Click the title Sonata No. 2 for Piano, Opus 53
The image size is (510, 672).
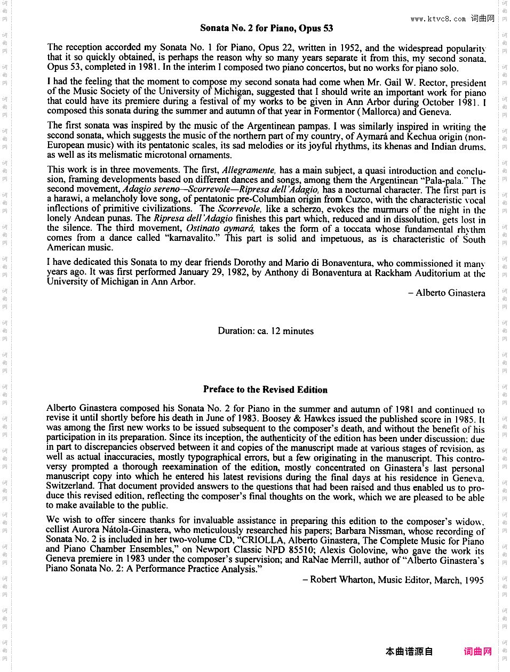[x=266, y=28]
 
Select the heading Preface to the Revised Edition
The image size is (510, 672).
[x=265, y=390]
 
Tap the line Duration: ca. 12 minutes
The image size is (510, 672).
[x=266, y=331]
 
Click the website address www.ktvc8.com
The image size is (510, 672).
[x=438, y=19]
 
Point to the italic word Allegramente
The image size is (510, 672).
[x=249, y=170]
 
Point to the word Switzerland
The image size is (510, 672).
[x=71, y=486]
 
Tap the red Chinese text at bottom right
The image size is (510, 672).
[x=477, y=651]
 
